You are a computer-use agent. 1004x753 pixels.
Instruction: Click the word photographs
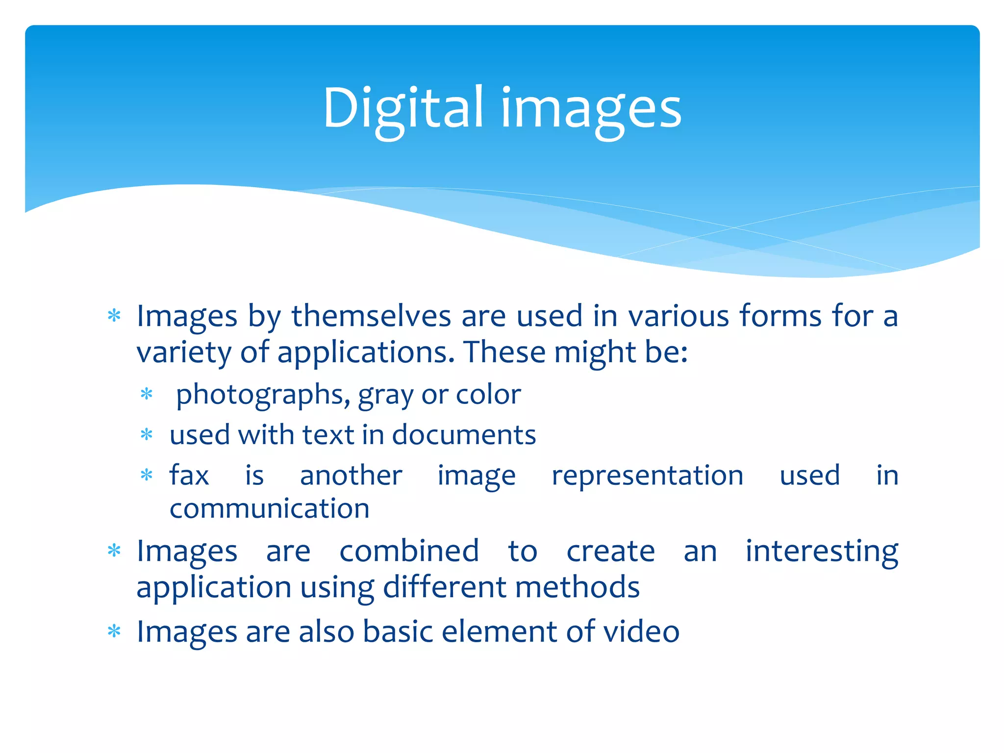(x=263, y=395)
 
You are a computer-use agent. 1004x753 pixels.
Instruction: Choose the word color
(x=488, y=395)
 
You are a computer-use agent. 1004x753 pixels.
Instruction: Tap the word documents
(x=464, y=435)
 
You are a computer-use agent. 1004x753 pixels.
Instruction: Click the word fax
(x=189, y=475)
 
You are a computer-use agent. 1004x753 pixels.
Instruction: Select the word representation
(x=648, y=476)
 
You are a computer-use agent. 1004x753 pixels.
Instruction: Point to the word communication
(x=270, y=508)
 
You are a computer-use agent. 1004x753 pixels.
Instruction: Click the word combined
(x=409, y=551)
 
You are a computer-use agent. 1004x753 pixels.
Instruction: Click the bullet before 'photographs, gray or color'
(x=147, y=394)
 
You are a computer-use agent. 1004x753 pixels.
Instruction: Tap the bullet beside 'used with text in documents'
(x=147, y=434)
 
